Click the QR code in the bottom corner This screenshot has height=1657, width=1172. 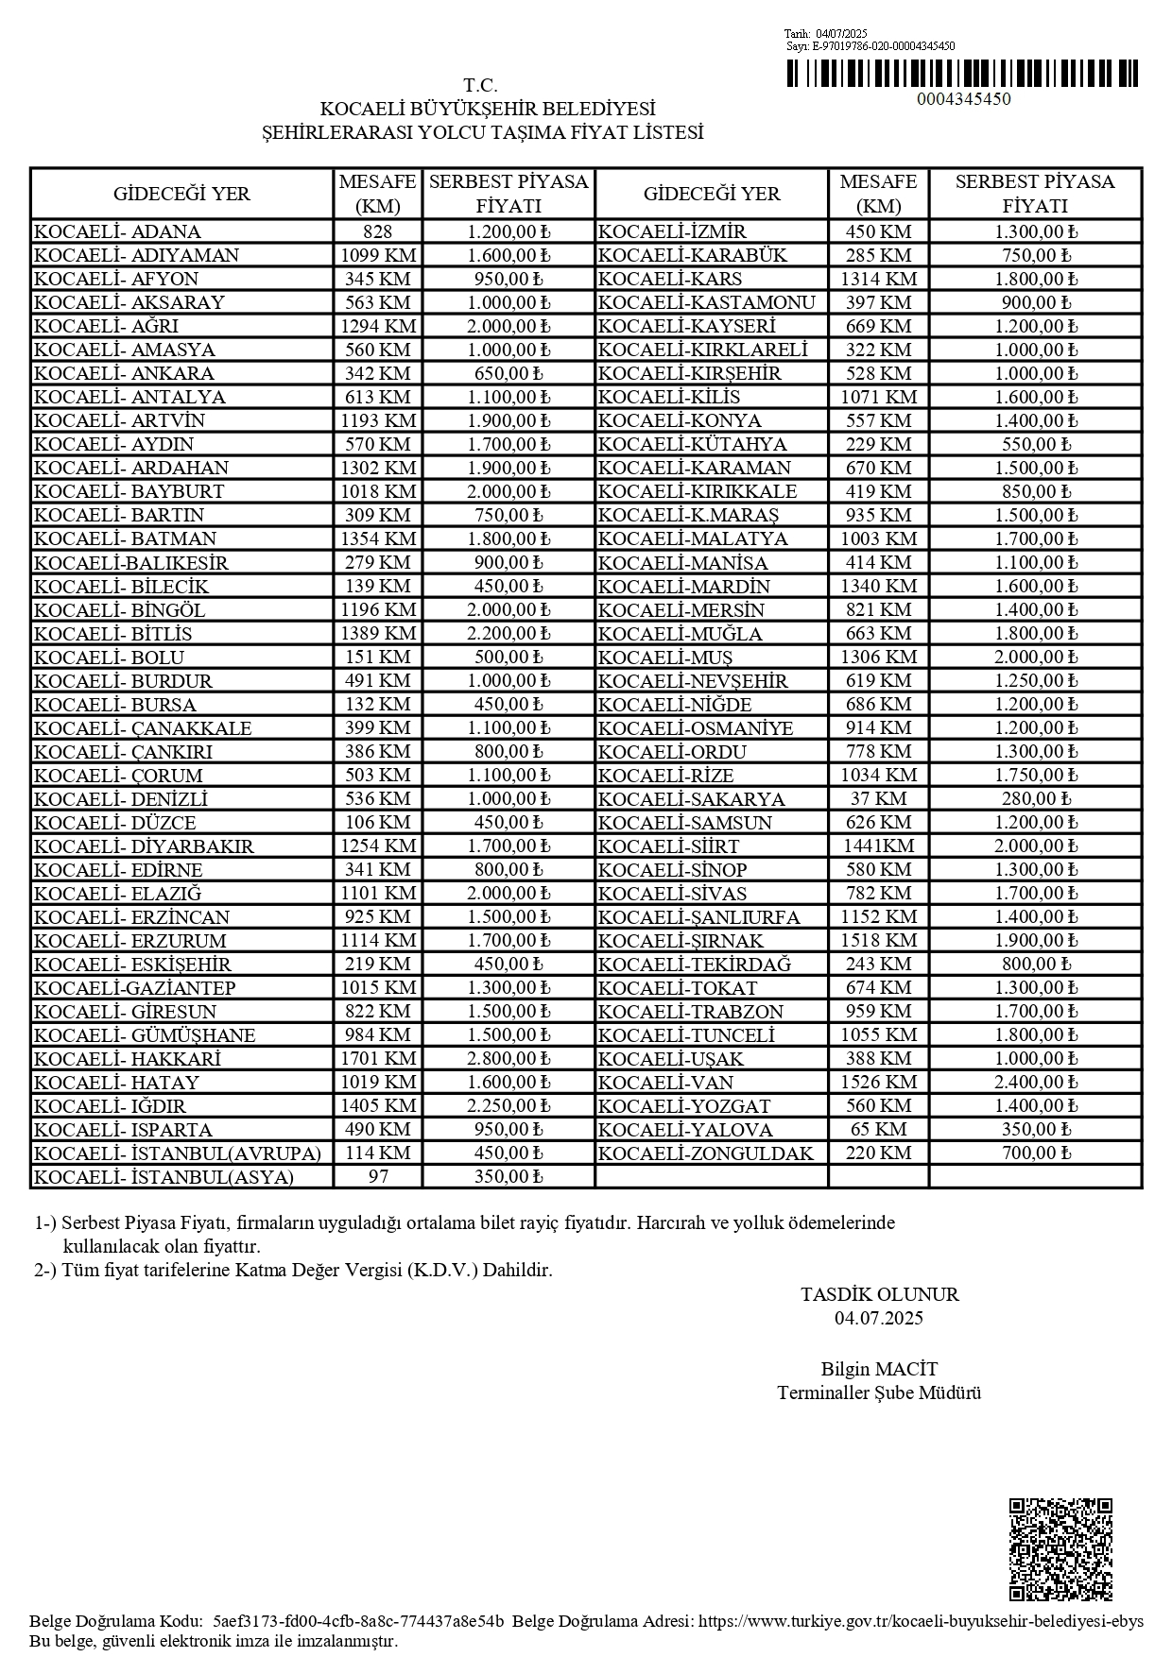point(1060,1548)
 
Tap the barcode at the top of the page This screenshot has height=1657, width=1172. point(962,74)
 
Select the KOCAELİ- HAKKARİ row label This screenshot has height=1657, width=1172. point(128,1059)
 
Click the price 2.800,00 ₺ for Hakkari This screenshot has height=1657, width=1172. point(508,1059)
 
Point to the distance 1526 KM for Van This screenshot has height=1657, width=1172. point(878,1083)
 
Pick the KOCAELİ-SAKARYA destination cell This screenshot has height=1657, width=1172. point(692,799)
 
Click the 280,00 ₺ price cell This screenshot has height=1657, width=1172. point(1036,799)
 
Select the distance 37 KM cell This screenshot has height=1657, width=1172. point(878,799)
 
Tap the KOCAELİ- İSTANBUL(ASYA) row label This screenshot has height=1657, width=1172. point(164,1177)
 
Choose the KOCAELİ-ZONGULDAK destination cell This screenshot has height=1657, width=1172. point(706,1153)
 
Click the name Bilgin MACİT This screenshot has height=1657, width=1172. point(879,1369)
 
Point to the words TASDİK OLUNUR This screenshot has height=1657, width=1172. point(879,1294)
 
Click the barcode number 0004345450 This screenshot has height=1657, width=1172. point(963,99)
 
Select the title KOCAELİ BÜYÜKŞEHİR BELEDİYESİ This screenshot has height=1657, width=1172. point(488,110)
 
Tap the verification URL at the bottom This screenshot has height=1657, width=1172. point(921,1621)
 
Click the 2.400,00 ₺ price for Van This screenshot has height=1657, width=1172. point(1036,1083)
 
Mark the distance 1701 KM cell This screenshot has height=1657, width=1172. point(378,1059)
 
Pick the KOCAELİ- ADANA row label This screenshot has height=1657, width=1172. point(117,232)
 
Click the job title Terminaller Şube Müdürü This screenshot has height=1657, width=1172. point(879,1392)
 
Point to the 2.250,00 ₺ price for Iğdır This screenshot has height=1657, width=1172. point(508,1106)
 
